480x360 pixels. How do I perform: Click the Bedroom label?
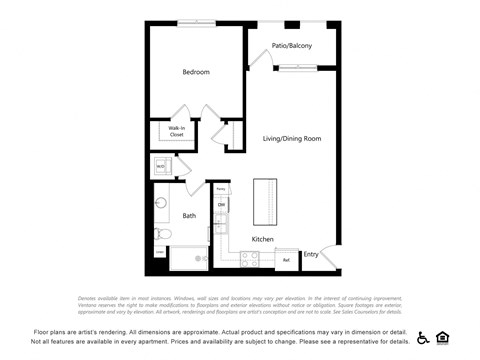(196, 72)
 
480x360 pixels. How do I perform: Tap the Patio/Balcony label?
(292, 46)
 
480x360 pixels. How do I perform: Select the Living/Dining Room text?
(292, 138)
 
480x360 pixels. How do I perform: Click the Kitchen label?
(263, 239)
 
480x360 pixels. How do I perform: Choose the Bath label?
(189, 215)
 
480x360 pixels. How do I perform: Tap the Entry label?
(311, 254)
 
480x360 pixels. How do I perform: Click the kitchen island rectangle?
(265, 202)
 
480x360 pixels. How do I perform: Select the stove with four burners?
(249, 259)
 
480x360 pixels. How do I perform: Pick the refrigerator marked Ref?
(286, 261)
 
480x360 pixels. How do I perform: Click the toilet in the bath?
(163, 234)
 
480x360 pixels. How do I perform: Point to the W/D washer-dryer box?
(160, 166)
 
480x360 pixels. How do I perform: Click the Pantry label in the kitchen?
(221, 188)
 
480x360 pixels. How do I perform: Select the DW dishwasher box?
(221, 206)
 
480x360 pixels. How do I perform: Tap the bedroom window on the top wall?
(196, 23)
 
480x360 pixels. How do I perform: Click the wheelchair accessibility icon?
(423, 337)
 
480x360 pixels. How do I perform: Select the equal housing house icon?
(442, 337)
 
